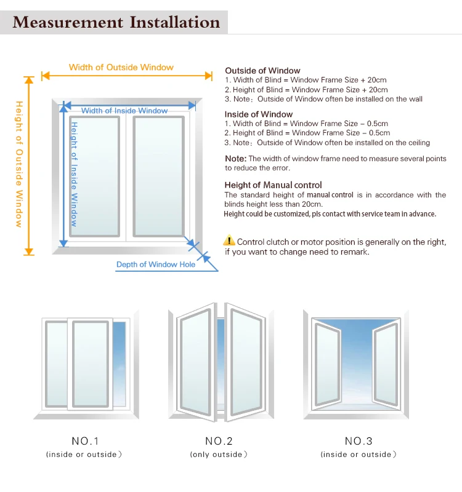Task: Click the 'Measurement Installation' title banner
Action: point(116,23)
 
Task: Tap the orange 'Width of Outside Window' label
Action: point(121,67)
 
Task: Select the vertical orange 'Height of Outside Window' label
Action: point(19,164)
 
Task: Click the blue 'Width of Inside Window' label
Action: point(124,111)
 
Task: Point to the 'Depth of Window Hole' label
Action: point(156,264)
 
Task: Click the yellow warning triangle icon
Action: point(229,240)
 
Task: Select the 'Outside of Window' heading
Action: point(262,71)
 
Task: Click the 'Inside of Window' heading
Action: point(259,114)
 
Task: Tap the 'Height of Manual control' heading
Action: point(274,185)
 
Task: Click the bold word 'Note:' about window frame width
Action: point(235,159)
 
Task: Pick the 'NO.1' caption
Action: point(85,441)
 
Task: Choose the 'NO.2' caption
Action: point(218,441)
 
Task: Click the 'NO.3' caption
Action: point(358,441)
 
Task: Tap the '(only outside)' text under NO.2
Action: point(218,454)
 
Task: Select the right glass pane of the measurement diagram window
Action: point(159,175)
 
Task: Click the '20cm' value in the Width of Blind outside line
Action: point(378,80)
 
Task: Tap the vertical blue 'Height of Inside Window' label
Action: point(73,174)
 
